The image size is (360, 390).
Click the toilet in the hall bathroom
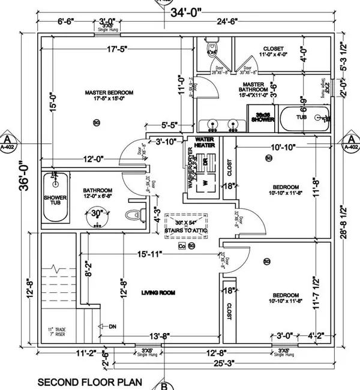(133, 214)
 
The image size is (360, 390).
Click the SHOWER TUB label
(55, 200)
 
